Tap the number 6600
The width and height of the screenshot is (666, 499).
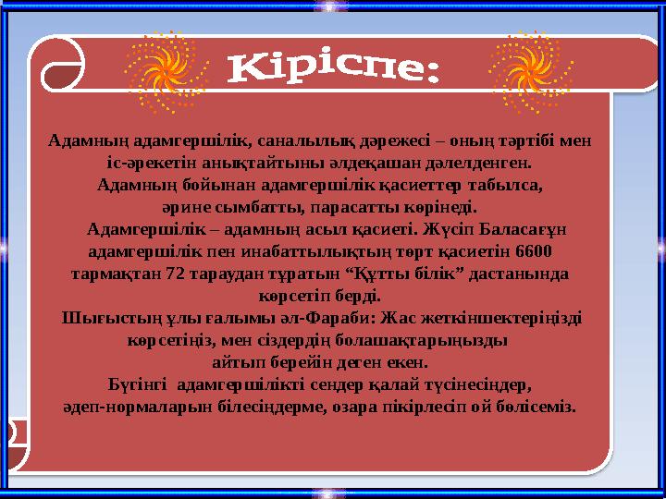point(536,250)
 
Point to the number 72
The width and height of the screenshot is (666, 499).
point(180,274)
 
